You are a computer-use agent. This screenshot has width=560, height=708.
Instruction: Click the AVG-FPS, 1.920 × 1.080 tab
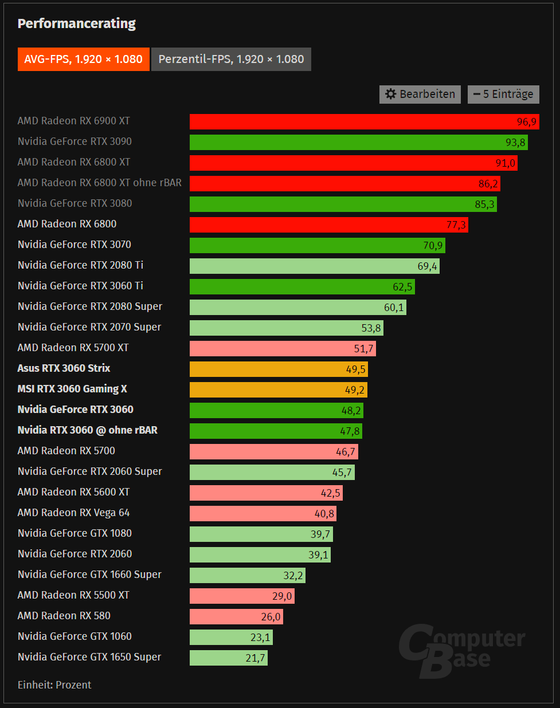coord(83,60)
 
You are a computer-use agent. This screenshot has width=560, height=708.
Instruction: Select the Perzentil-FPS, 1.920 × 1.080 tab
coord(231,60)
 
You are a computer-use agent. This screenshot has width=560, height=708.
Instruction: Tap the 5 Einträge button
coord(503,95)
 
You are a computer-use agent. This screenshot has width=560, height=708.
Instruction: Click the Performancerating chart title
coord(77,23)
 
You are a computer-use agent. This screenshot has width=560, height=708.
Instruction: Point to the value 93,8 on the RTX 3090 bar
coord(515,143)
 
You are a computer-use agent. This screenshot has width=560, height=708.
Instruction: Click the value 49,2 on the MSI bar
coord(355,390)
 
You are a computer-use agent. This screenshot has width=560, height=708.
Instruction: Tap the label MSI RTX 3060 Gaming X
coord(72,389)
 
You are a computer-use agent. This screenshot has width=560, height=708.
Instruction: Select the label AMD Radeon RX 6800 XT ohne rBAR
coord(99,183)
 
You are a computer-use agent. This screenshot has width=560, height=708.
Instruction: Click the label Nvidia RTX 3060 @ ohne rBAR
coord(87,430)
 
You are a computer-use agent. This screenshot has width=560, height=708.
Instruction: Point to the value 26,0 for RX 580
coord(271,617)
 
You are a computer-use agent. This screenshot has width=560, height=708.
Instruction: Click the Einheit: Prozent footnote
coord(54,685)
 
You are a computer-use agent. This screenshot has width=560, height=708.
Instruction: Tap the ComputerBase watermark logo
coord(461,650)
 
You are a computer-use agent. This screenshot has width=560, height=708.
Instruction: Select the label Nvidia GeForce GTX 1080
coord(75,533)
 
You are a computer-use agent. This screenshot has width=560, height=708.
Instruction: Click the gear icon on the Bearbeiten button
coord(391,95)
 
